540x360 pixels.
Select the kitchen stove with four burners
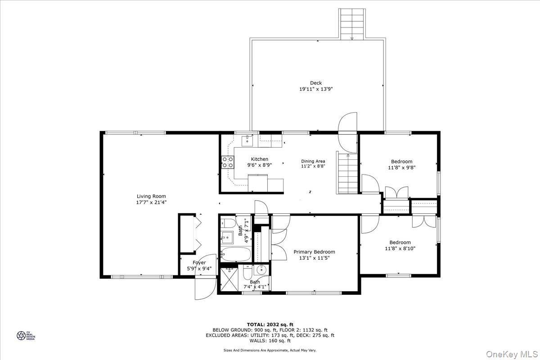pyautogui.click(x=227, y=162)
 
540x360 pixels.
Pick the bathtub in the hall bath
pyautogui.click(x=236, y=253)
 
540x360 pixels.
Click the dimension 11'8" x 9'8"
pyautogui.click(x=401, y=167)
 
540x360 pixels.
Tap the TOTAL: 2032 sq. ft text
pyautogui.click(x=270, y=324)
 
